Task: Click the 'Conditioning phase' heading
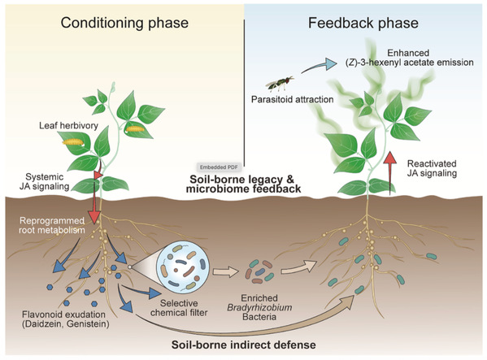tap(124, 23)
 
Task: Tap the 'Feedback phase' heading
tap(363, 23)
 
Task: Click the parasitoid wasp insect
tap(279, 84)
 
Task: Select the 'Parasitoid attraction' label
tap(292, 99)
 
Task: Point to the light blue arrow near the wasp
tap(319, 65)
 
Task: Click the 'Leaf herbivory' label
tap(68, 125)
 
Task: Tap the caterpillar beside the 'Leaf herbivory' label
tap(73, 142)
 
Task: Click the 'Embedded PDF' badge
tap(219, 167)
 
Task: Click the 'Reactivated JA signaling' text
tap(432, 168)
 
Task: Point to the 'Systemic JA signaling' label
tap(45, 181)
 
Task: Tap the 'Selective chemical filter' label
tap(179, 307)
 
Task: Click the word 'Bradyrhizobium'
tap(259, 307)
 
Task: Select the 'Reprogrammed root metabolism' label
tap(52, 225)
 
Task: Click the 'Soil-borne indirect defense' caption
tap(244, 345)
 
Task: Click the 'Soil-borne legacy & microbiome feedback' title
tap(243, 184)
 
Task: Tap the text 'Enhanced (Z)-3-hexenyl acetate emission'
tap(409, 58)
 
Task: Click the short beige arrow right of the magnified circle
tap(224, 271)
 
